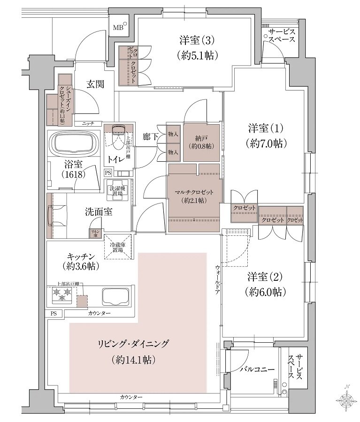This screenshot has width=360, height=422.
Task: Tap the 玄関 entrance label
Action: point(95,84)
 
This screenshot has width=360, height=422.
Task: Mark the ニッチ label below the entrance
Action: point(88,123)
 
